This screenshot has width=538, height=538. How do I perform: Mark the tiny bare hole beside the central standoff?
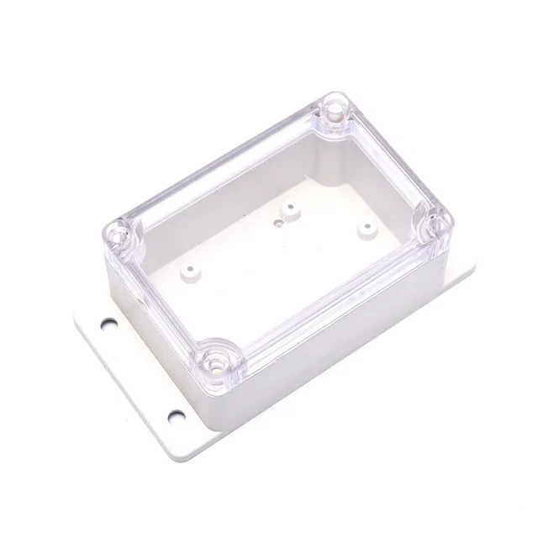tap(276, 224)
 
